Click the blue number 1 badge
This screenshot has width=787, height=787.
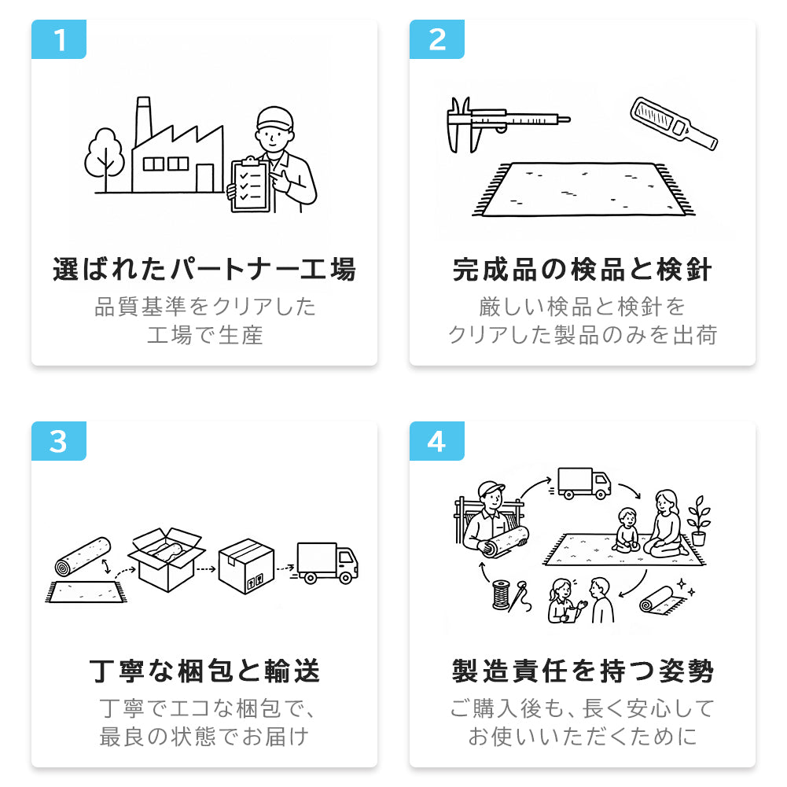click(59, 39)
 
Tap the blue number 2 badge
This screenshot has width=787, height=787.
click(436, 39)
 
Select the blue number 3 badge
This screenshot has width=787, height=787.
click(59, 441)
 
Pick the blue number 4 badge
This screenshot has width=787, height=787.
click(436, 441)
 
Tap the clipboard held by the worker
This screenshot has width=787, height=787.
click(250, 185)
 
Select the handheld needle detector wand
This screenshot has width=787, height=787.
click(674, 123)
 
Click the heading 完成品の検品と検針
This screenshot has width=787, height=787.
click(583, 270)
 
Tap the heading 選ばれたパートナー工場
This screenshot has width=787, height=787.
click(204, 270)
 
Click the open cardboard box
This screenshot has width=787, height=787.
click(167, 558)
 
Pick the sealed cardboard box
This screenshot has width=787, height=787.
click(246, 566)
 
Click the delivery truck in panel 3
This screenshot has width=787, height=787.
click(326, 563)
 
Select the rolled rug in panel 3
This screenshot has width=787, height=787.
click(83, 557)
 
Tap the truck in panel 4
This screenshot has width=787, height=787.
click(583, 484)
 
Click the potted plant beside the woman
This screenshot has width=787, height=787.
click(699, 520)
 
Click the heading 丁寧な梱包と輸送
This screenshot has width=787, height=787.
click(204, 671)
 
